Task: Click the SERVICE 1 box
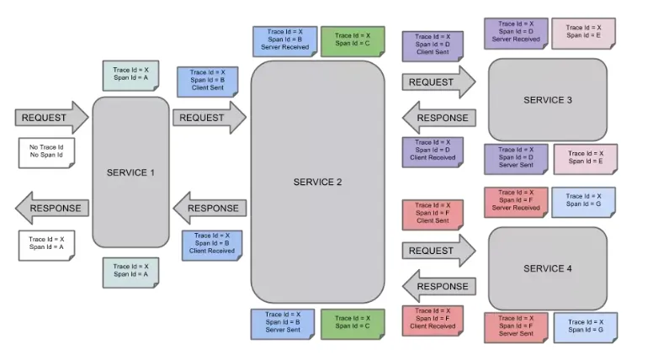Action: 130,172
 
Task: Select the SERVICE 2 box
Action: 318,182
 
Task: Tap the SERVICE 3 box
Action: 548,100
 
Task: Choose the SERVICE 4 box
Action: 548,268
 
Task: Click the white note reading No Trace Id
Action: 46,153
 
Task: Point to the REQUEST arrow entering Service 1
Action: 51,118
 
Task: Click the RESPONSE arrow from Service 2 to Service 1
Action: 210,208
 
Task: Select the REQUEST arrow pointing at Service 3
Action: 439,82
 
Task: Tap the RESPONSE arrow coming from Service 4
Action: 439,286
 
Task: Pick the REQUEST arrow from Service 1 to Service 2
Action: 210,118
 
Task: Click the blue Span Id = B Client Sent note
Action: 207,82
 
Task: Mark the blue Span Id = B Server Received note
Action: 285,41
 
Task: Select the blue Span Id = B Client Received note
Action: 212,246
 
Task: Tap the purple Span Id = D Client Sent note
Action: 433,46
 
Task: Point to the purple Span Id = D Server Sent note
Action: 516,159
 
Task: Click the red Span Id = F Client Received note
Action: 433,320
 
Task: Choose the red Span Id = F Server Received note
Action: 516,202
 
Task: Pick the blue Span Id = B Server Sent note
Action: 283,324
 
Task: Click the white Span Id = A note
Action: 46,246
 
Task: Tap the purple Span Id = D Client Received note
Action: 433,152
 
